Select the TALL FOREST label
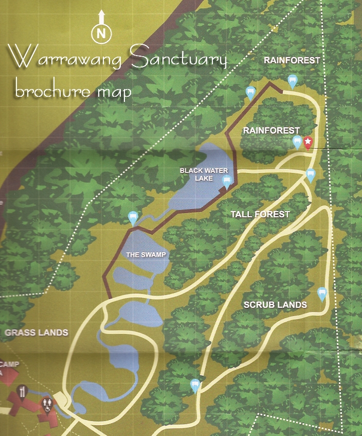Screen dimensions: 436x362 click(x=260, y=214)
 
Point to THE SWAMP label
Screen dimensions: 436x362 click(x=147, y=254)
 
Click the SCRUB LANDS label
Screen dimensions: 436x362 click(x=275, y=305)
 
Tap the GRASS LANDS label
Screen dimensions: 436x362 click(x=36, y=333)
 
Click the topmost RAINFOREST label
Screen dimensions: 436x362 click(x=292, y=60)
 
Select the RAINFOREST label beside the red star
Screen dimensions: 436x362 click(x=271, y=131)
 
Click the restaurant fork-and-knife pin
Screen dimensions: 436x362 click(x=22, y=392)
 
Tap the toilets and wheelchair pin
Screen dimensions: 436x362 click(x=47, y=404)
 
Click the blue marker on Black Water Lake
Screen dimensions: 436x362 click(x=226, y=181)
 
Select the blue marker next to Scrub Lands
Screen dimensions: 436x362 click(x=322, y=294)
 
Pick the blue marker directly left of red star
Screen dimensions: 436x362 click(x=297, y=142)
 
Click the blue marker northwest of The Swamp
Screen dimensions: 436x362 click(x=133, y=218)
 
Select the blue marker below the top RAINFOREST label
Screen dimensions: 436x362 click(x=292, y=81)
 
